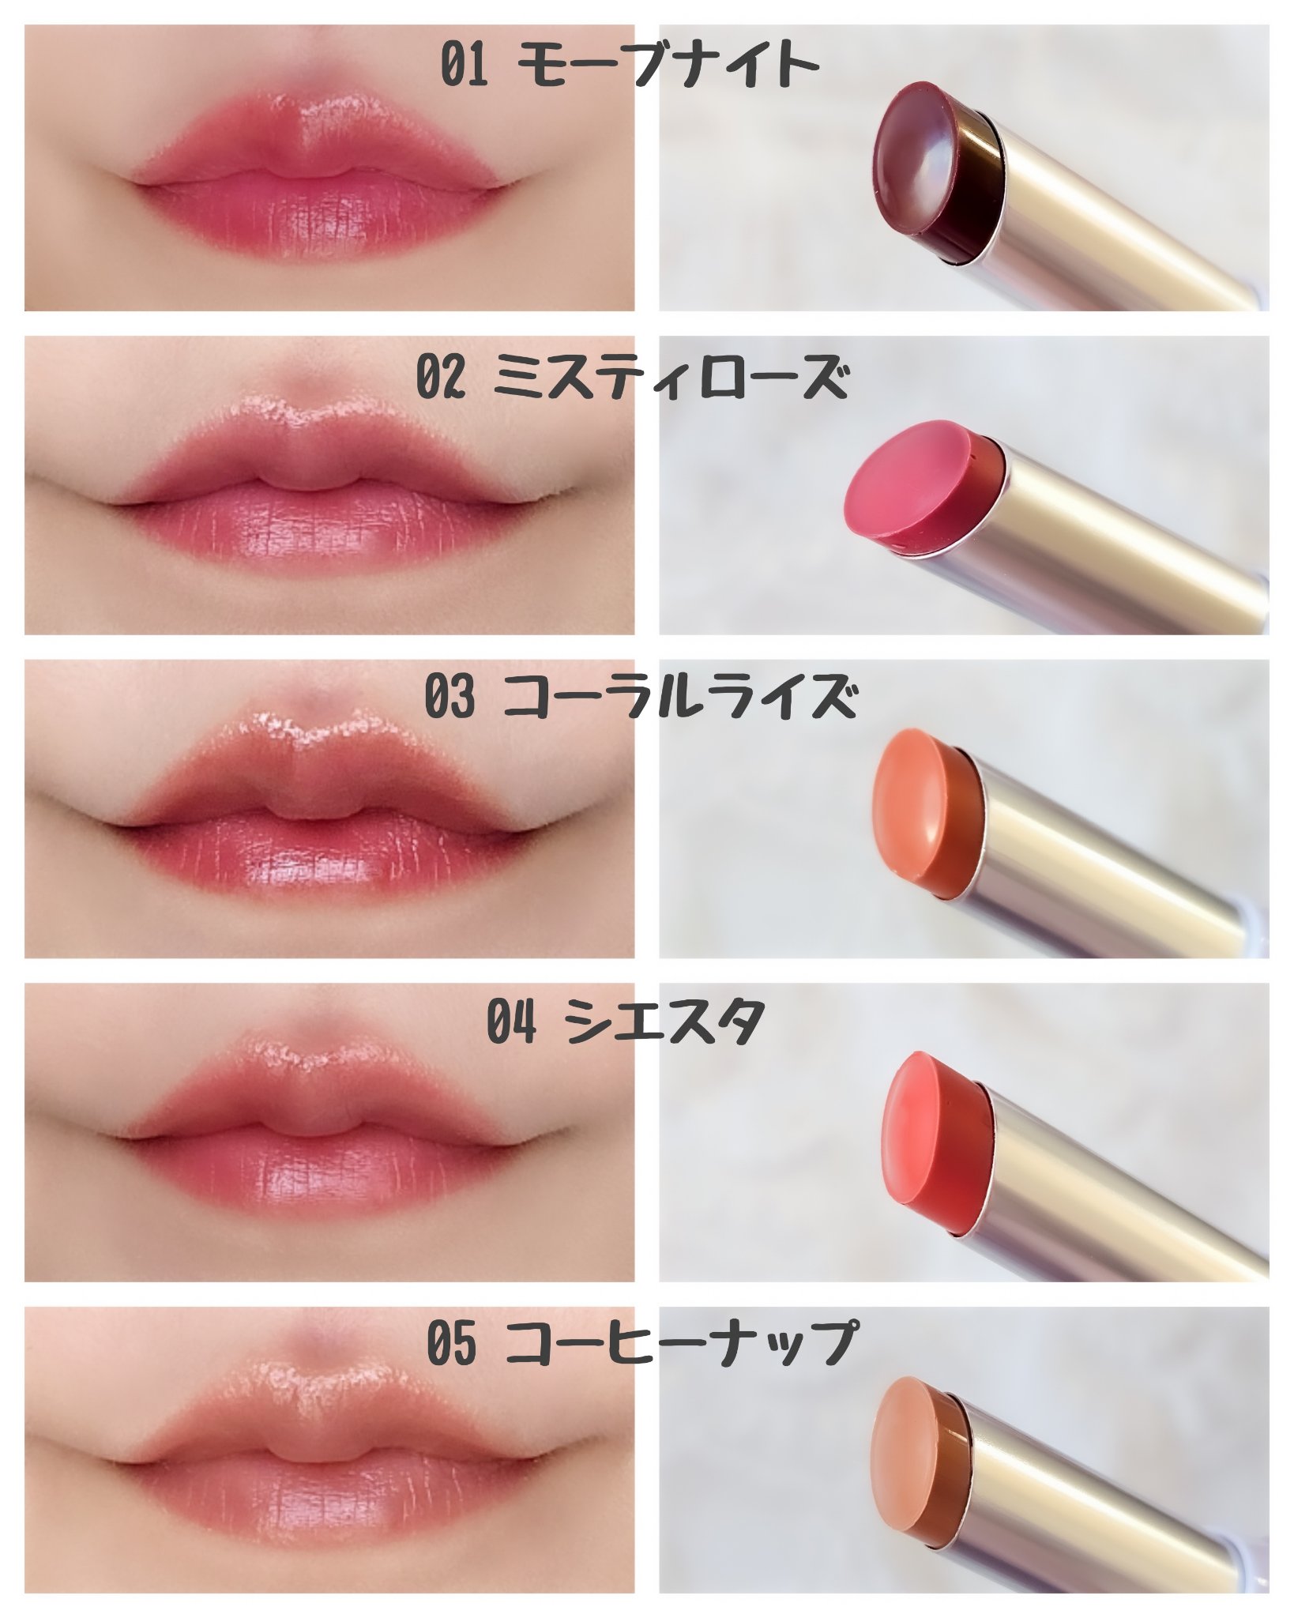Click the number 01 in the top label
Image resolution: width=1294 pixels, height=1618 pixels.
click(465, 66)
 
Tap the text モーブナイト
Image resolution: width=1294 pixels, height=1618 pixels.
click(671, 65)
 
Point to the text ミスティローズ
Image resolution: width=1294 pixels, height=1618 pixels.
click(671, 379)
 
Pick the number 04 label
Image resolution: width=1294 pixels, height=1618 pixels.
click(512, 1022)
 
